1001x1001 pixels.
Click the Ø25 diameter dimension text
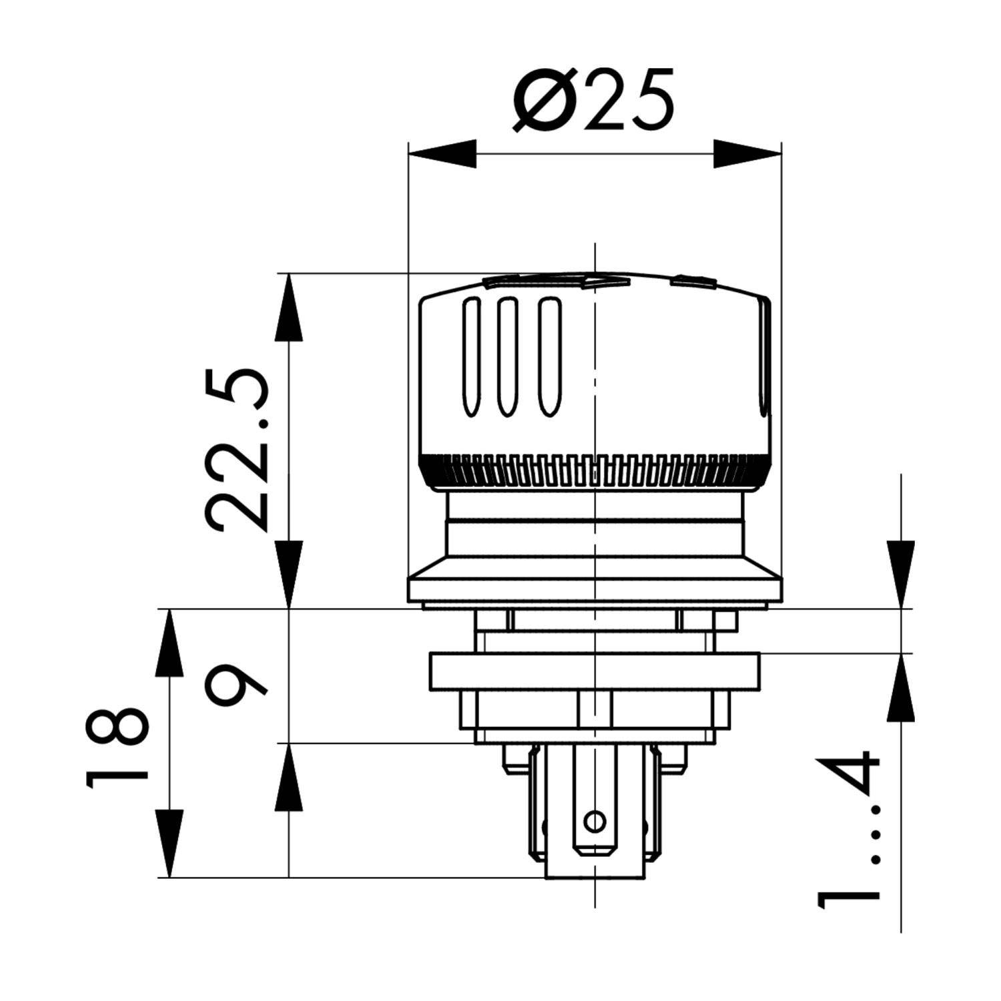[594, 100]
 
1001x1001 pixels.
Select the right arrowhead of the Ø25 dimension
[747, 153]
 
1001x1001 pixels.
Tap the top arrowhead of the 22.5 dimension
[289, 307]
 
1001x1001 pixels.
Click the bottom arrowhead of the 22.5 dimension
[289, 574]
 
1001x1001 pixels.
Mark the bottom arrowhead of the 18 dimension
[169, 844]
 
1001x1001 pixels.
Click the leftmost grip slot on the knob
[471, 358]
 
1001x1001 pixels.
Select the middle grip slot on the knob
[508, 358]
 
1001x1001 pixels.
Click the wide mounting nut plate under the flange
[594, 672]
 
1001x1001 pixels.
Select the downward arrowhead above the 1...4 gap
[900, 574]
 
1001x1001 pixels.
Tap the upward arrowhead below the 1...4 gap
[900, 687]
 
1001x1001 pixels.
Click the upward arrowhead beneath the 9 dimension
[289, 777]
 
